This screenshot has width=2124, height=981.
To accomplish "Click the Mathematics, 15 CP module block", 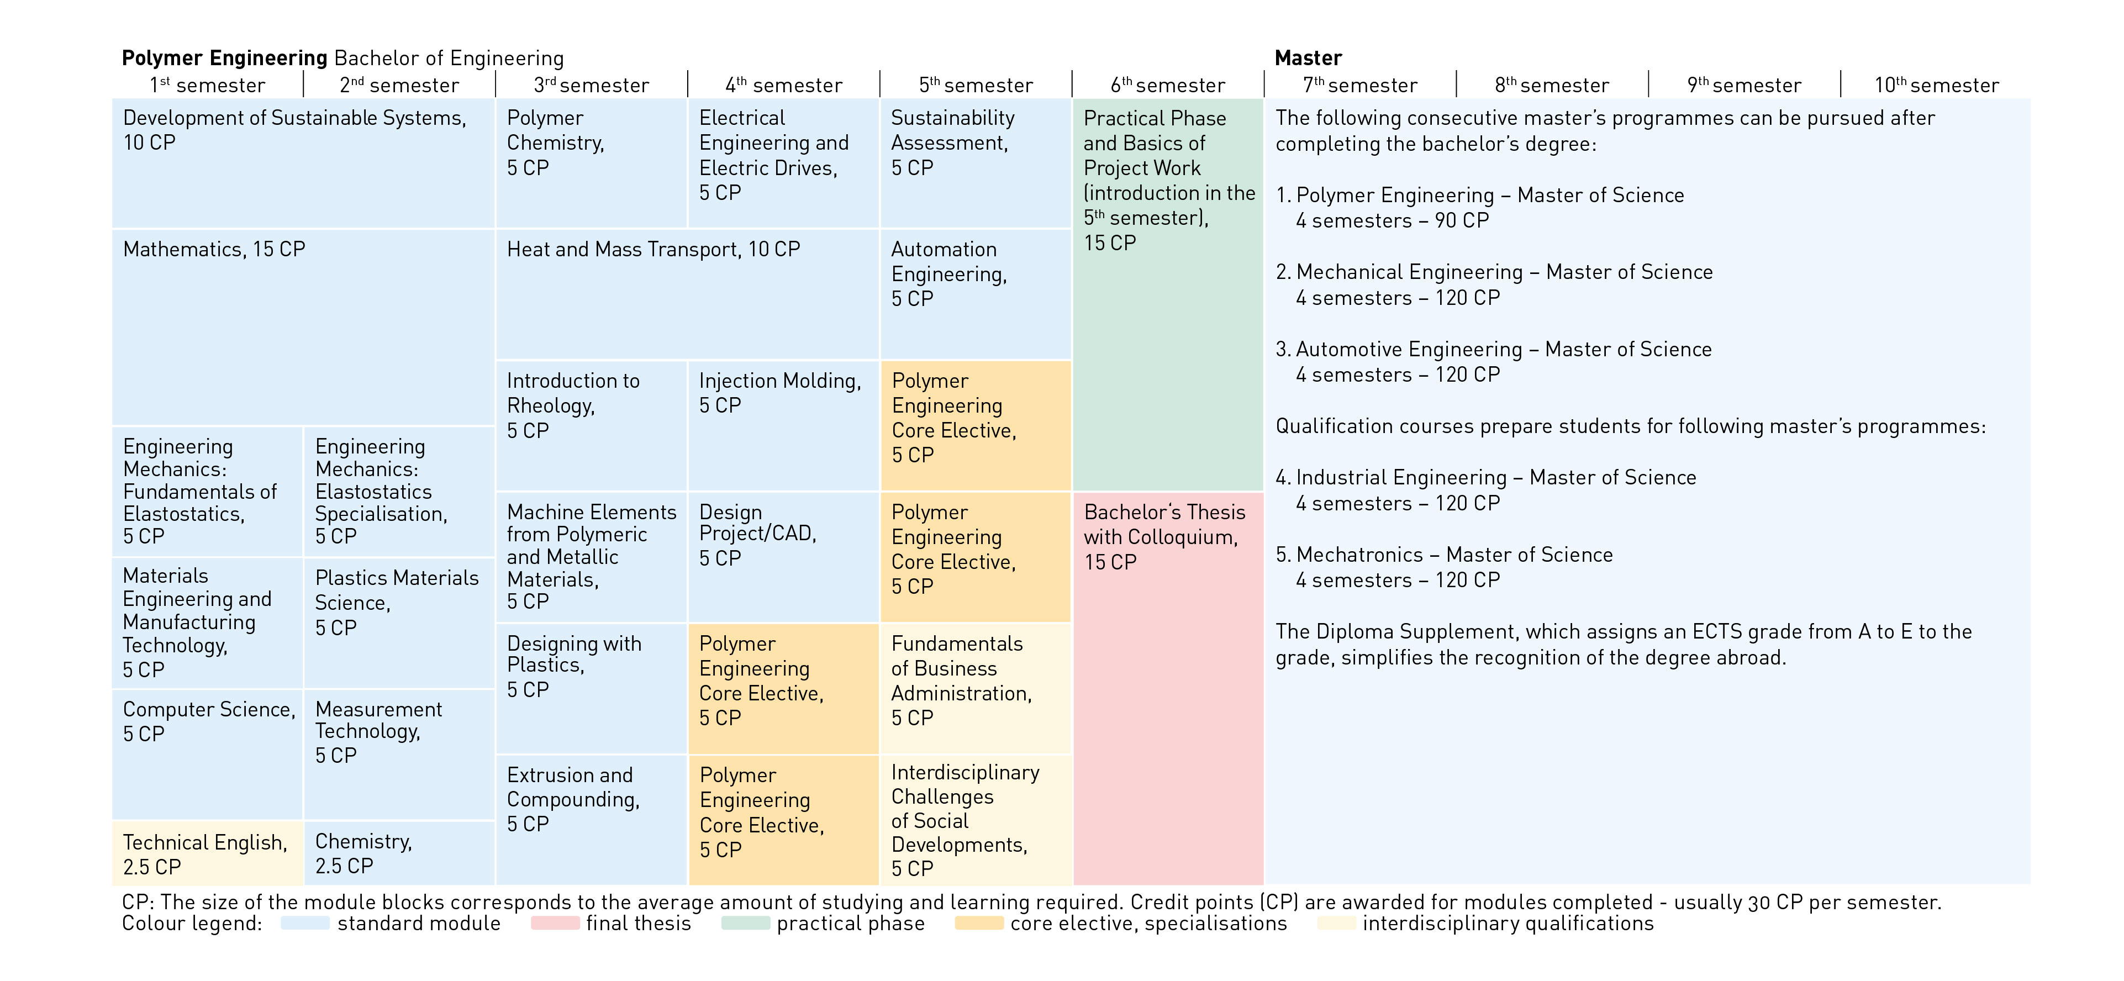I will tap(303, 326).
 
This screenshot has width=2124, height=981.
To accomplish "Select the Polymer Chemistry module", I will tap(591, 162).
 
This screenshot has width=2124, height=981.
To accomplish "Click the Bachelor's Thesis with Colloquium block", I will tap(1168, 688).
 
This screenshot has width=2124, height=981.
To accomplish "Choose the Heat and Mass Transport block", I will tap(687, 293).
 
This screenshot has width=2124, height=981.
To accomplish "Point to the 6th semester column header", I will tap(1168, 85).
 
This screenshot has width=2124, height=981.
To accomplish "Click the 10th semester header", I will tap(1936, 85).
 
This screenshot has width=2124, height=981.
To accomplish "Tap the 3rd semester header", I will tap(591, 85).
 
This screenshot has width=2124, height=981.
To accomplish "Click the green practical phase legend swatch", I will tap(745, 924).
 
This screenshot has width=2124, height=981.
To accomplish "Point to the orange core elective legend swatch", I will tap(979, 924).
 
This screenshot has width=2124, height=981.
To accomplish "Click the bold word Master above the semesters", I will tap(1308, 57).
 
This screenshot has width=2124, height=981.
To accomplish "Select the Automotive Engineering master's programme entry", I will tap(1493, 350).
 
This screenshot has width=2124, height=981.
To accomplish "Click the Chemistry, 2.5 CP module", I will tap(399, 853).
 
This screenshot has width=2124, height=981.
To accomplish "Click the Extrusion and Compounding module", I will tap(591, 819).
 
